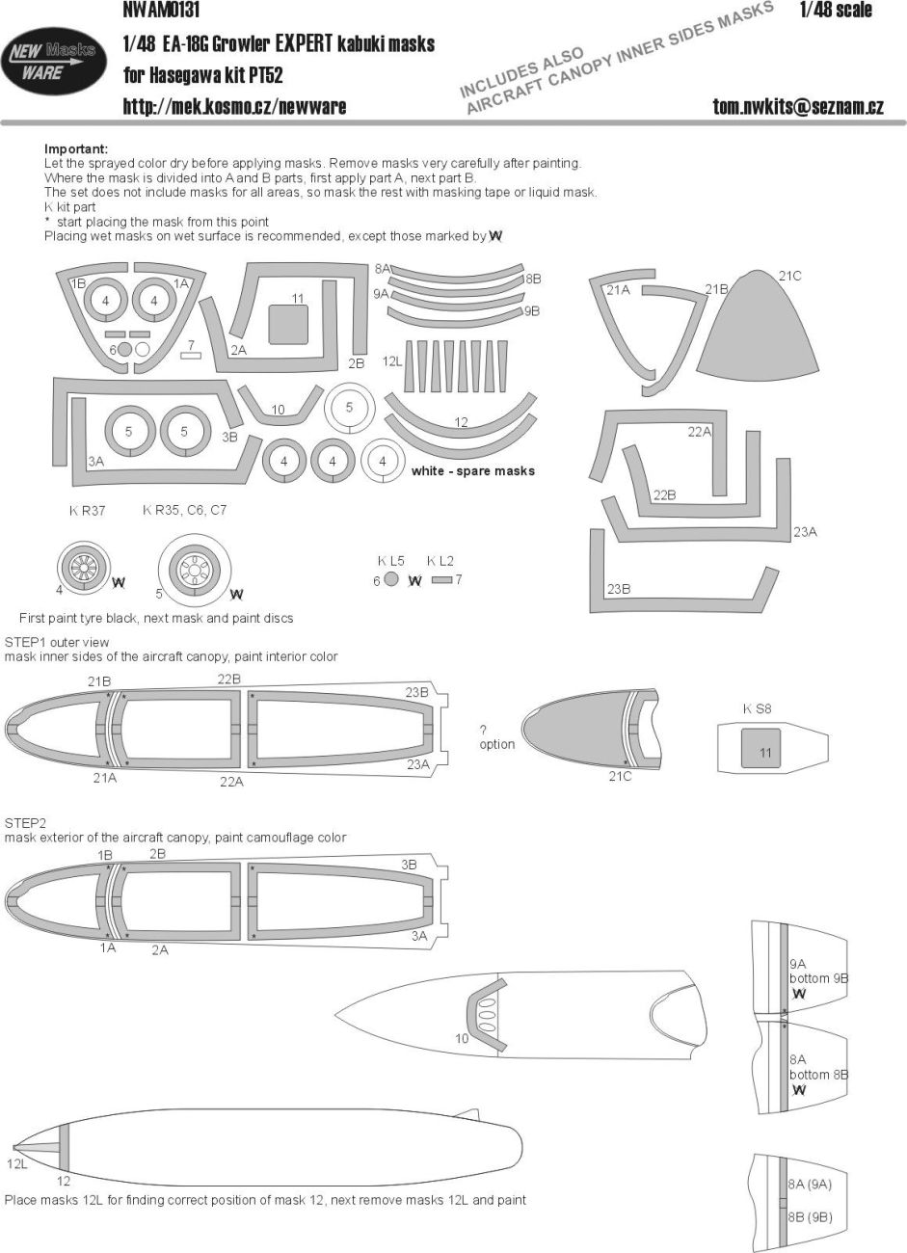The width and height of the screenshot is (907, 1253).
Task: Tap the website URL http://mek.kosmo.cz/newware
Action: tap(234, 107)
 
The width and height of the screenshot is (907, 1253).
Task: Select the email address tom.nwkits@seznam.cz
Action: tap(798, 107)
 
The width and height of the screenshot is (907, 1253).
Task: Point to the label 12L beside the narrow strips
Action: tap(392, 361)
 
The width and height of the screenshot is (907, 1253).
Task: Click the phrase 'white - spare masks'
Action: tap(472, 471)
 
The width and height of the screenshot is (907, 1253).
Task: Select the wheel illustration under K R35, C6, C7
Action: tap(196, 572)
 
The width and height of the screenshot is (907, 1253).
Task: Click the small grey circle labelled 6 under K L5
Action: tap(390, 580)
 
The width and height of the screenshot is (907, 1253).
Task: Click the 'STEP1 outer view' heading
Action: tap(58, 642)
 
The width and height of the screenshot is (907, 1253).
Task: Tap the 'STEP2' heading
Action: tap(25, 823)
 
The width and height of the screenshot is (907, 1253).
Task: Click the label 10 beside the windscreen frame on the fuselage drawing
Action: tap(462, 1038)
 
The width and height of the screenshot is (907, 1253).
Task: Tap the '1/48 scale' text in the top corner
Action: tap(835, 11)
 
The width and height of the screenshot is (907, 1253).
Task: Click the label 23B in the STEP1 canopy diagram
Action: tap(416, 692)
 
